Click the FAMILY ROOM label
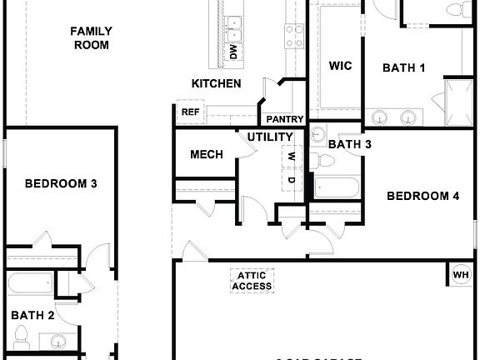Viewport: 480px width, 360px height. pos(92,37)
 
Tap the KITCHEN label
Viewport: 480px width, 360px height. pos(217,83)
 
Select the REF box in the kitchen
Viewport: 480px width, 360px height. pos(190,112)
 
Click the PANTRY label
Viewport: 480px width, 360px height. pos(285,119)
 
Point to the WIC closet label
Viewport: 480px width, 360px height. pos(340,66)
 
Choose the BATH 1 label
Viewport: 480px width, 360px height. pos(404,68)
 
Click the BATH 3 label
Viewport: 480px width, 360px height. pos(349,144)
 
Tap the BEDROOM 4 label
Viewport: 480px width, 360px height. pos(423,197)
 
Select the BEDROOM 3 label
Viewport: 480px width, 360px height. pos(60,183)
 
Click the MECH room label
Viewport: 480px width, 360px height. pos(205,155)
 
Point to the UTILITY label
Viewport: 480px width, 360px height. pos(270,137)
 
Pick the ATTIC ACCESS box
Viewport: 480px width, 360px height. pos(252,281)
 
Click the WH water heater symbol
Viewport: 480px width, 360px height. pos(461,274)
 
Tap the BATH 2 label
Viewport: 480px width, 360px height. pos(33,315)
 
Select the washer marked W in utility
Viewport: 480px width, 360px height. pos(291,157)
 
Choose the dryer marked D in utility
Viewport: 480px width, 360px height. pos(291,179)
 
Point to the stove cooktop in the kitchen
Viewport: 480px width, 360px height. pos(294,34)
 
